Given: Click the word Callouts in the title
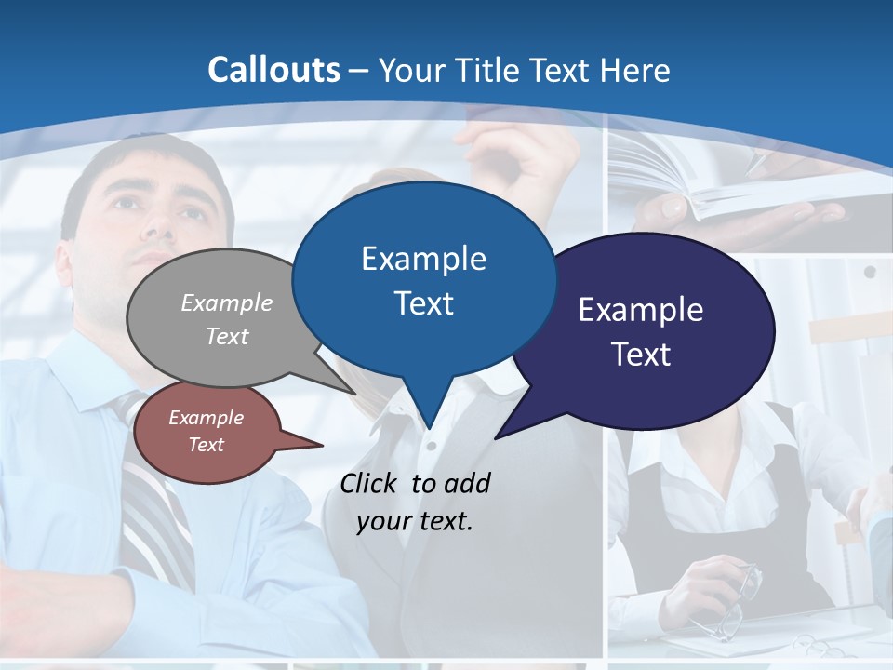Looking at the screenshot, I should (273, 70).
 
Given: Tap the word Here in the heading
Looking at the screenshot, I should (635, 70).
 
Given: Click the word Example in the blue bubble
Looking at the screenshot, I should (423, 259).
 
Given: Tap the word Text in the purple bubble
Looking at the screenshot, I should (641, 355).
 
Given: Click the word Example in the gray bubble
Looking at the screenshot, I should (226, 302).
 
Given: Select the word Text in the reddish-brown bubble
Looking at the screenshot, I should (206, 445).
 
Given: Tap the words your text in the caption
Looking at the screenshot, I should (414, 522).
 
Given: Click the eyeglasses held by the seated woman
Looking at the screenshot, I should (735, 596).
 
